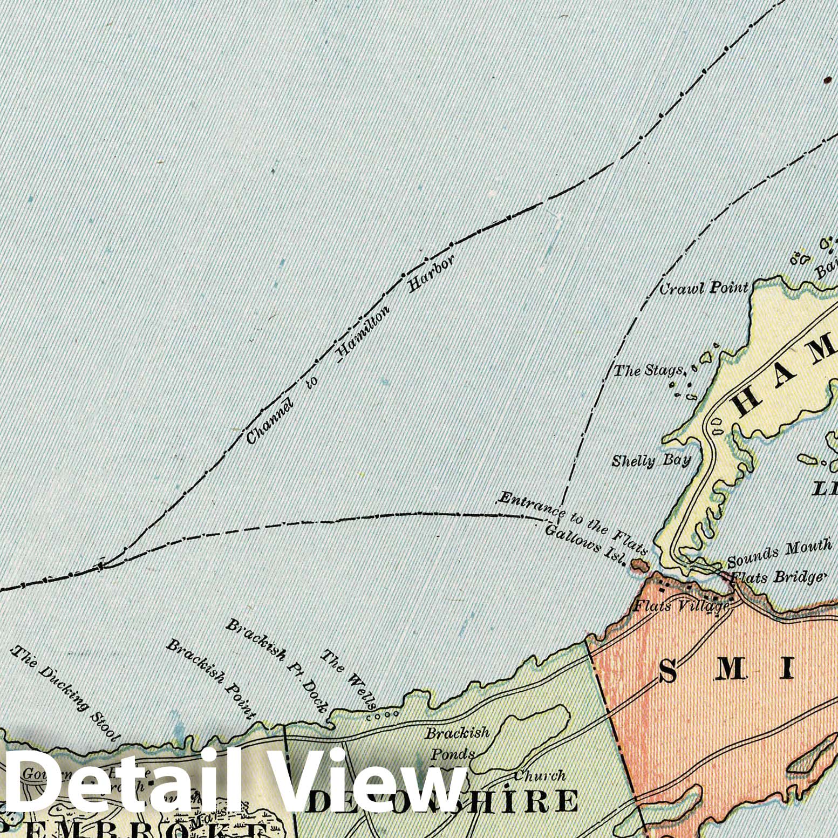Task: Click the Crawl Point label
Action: (704, 288)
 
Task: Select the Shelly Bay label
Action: (651, 461)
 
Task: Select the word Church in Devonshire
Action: (539, 776)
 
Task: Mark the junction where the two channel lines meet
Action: (103, 565)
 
